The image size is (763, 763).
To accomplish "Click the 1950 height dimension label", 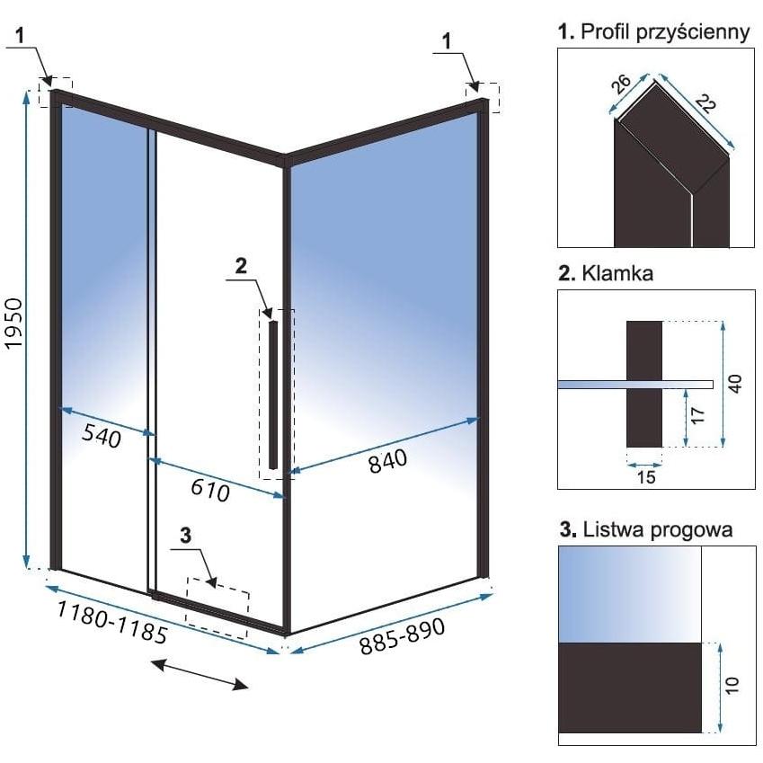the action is tap(14, 324).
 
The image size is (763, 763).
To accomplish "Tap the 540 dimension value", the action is tap(102, 435).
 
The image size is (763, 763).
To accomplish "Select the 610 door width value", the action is tap(209, 489).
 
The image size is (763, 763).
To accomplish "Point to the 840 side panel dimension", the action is tap(387, 461).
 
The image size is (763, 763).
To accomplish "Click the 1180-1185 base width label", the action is tap(112, 621).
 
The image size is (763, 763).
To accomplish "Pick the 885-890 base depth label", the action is tap(402, 636).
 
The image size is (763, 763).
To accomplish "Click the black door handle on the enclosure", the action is tap(273, 395).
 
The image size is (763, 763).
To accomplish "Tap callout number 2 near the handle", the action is tap(241, 266).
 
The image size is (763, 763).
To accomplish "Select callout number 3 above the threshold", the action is tap(185, 536).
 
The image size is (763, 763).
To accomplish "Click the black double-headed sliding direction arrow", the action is tap(200, 674).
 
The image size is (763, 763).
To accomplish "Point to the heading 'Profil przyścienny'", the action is tap(665, 32).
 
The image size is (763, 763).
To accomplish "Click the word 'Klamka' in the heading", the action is tap(617, 273).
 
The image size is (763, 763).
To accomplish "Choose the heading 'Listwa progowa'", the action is tap(658, 529).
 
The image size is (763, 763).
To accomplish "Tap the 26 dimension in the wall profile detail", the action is tap(621, 84).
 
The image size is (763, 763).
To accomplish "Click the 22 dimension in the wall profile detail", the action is tap(705, 103).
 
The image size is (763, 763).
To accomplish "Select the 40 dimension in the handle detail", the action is tap(735, 384).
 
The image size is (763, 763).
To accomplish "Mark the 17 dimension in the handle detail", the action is tap(697, 415).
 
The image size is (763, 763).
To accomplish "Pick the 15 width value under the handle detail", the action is tap(646, 477).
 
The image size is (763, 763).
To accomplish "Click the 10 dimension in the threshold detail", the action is tap(732, 685).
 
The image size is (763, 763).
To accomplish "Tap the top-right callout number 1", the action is tap(448, 40).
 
